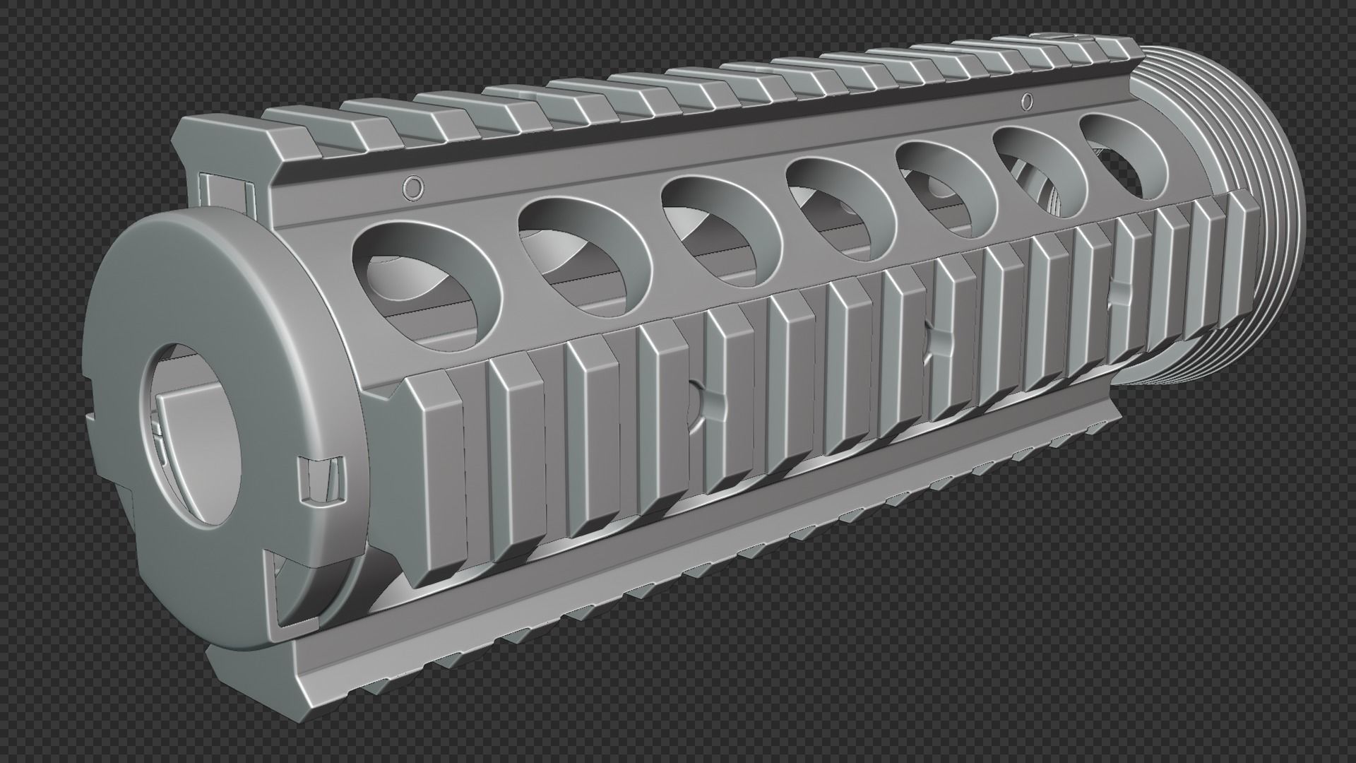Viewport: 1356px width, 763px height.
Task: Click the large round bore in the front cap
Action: coord(192,435)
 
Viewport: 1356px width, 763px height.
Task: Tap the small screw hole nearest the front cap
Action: coord(412,187)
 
